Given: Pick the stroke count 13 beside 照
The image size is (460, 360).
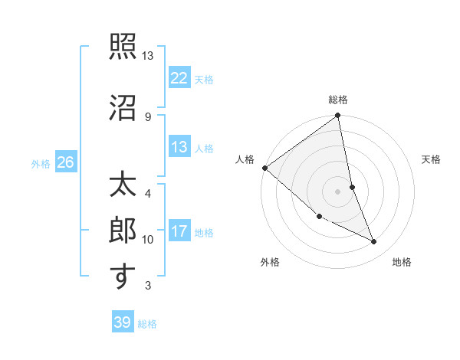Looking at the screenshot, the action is point(148,56).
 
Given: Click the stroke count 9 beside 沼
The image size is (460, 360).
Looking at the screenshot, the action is point(148,116).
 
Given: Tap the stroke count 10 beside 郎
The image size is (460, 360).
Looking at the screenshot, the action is point(148,240).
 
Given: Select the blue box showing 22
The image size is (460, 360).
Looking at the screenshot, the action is point(179,78).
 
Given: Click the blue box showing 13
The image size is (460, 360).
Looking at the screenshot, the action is point(179,147).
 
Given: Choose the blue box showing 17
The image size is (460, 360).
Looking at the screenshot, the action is point(179,231).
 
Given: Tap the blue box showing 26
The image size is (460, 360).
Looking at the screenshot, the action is point(65,162).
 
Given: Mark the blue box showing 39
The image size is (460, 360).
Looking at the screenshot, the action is point(122,322).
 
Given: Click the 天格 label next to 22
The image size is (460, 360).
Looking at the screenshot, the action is point(204,79).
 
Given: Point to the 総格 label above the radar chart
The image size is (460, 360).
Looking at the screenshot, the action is point(338,100).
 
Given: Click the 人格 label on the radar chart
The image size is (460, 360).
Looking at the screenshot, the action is point(245,159).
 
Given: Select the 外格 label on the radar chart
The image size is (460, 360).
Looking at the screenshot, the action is point(269,262).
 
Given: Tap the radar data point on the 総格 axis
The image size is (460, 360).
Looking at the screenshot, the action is point(338,116).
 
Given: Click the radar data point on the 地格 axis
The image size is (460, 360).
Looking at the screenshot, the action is point(374,242).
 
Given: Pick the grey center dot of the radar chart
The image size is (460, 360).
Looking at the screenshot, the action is point(338,191).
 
